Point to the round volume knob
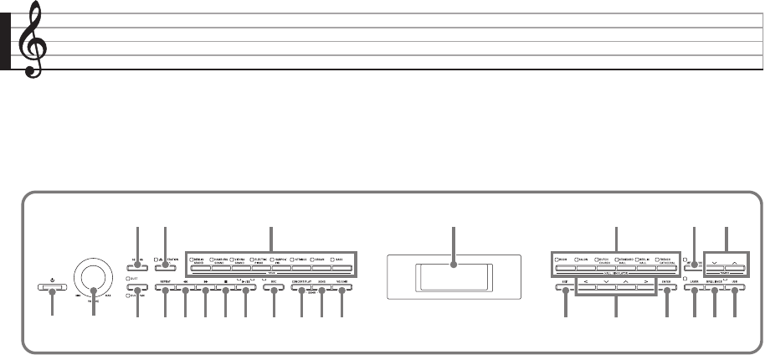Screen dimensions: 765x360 pos(93,275)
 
